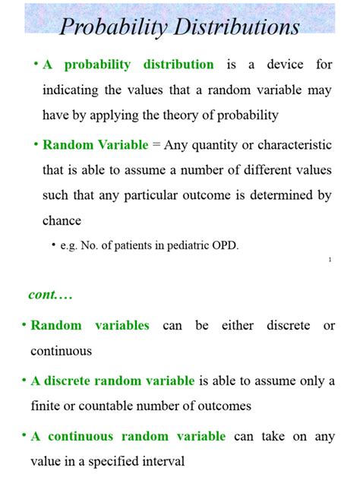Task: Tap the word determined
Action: pyautogui.click(x=282, y=195)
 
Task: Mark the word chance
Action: pyautogui.click(x=62, y=220)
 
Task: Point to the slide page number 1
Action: pyautogui.click(x=330, y=261)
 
